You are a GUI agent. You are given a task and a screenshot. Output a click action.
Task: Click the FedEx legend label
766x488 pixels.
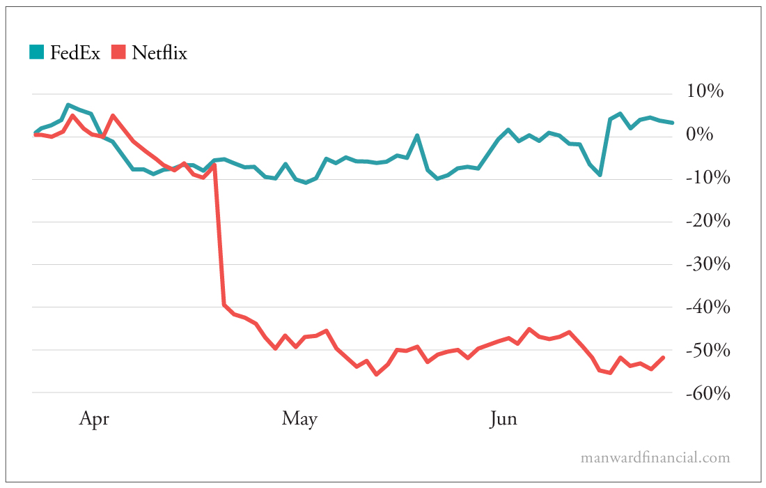pyautogui.click(x=75, y=52)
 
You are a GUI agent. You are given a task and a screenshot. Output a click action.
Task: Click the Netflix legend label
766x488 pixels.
pyautogui.click(x=159, y=52)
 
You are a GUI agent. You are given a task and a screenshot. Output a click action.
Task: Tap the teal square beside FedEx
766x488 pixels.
pyautogui.click(x=36, y=52)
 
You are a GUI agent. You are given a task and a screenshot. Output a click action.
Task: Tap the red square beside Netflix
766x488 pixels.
pyautogui.click(x=118, y=52)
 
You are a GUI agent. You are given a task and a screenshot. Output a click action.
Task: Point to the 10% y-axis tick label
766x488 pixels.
pyautogui.click(x=705, y=91)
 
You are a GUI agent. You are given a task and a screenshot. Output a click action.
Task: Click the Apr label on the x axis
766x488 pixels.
pyautogui.click(x=94, y=418)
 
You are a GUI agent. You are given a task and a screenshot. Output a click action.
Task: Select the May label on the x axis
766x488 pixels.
pyautogui.click(x=299, y=418)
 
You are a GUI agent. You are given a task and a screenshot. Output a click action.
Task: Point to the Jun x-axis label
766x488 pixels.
pyautogui.click(x=503, y=418)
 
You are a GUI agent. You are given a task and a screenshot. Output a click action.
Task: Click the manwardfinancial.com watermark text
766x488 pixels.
pyautogui.click(x=655, y=458)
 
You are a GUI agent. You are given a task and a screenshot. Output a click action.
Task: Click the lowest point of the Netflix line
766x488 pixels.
pyautogui.click(x=376, y=374)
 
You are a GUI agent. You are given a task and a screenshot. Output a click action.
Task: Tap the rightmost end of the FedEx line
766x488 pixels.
pyautogui.click(x=672, y=123)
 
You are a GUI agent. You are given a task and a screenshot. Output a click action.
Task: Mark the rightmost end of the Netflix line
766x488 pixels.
pyautogui.click(x=664, y=357)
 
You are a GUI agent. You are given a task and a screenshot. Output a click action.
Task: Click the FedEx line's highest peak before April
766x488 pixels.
pyautogui.click(x=68, y=105)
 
